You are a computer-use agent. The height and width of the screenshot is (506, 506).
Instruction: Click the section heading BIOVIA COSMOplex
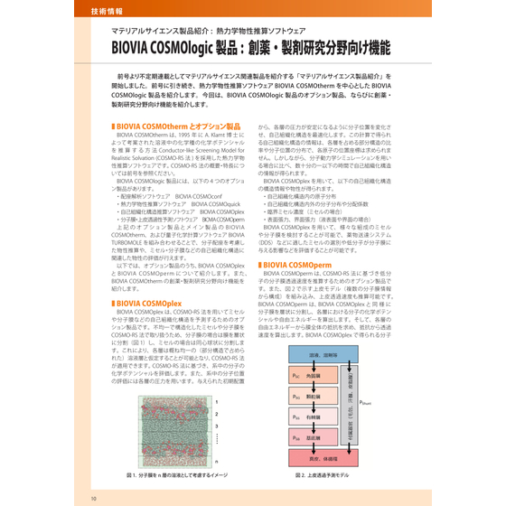[147, 304]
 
